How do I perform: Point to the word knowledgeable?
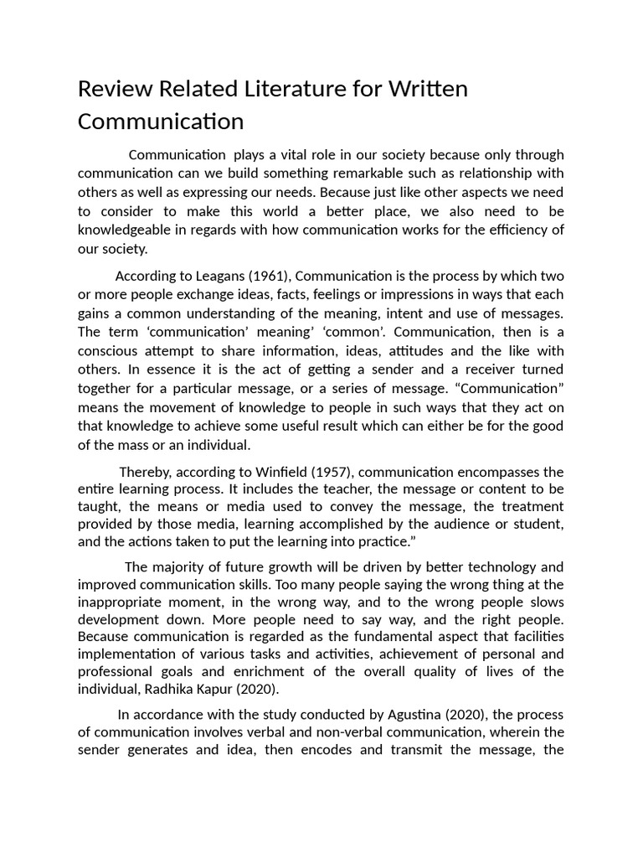(x=129, y=230)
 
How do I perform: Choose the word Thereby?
(x=147, y=471)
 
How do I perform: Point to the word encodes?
(x=327, y=752)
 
